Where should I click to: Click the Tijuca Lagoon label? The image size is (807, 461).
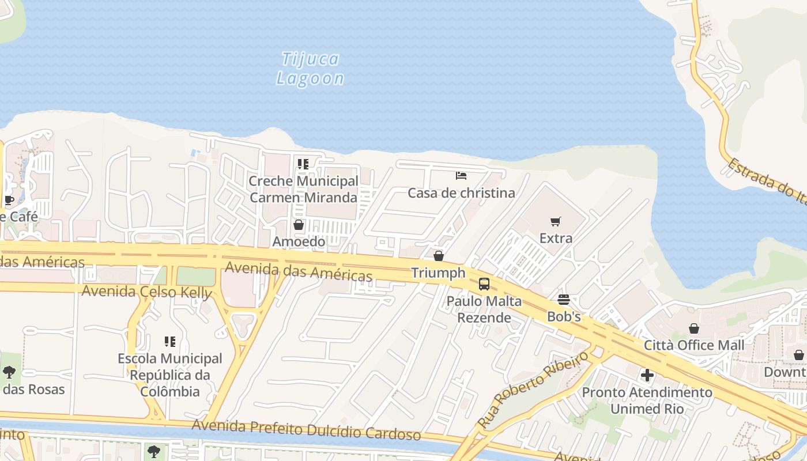pyautogui.click(x=310, y=69)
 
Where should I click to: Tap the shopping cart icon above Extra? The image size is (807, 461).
pyautogui.click(x=556, y=221)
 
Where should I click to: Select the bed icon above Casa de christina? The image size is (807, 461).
pyautogui.click(x=461, y=176)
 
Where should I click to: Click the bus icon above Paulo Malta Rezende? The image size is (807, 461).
pyautogui.click(x=484, y=284)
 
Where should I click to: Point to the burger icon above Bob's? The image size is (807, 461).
pyautogui.click(x=564, y=300)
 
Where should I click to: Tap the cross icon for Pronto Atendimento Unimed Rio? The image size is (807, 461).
pyautogui.click(x=647, y=376)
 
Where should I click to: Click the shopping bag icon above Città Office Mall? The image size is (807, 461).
pyautogui.click(x=694, y=328)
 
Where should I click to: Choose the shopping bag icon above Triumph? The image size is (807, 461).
pyautogui.click(x=439, y=255)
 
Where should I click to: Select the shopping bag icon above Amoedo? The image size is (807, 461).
pyautogui.click(x=299, y=225)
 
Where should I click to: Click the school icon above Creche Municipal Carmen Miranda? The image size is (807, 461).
pyautogui.click(x=303, y=164)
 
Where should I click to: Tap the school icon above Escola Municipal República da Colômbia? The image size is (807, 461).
pyautogui.click(x=169, y=342)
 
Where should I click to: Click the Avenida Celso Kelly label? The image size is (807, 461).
pyautogui.click(x=146, y=292)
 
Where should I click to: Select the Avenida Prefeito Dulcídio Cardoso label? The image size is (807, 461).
pyautogui.click(x=306, y=429)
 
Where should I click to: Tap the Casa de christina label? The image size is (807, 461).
pyautogui.click(x=461, y=193)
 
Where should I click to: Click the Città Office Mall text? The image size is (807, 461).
pyautogui.click(x=694, y=345)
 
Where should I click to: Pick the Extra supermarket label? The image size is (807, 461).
pyautogui.click(x=556, y=238)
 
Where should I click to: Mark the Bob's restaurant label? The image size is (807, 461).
pyautogui.click(x=564, y=316)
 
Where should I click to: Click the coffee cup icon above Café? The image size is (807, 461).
pyautogui.click(x=9, y=200)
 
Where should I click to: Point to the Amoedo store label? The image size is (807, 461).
pyautogui.click(x=299, y=241)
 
